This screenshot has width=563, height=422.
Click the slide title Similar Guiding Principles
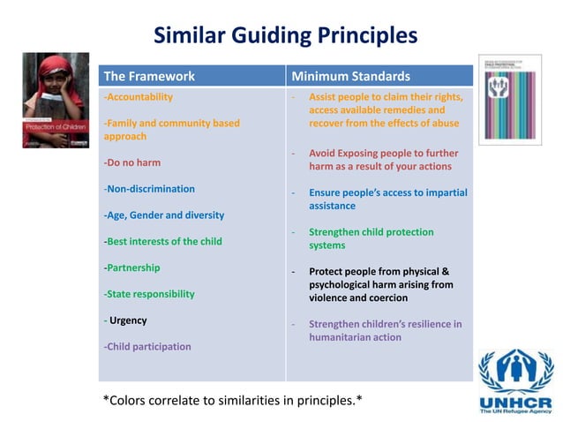285,35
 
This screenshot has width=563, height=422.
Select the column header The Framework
149,76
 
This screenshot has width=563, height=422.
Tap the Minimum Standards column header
350,76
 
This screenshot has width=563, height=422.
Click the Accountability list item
139,97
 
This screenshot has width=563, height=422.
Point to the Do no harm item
132,162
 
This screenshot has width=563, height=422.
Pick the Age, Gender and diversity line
164,215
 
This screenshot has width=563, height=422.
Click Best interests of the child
163,241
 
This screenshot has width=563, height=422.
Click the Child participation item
147,346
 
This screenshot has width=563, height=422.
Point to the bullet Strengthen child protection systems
371,238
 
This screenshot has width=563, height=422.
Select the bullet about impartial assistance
387,199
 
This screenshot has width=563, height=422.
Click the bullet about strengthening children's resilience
385,330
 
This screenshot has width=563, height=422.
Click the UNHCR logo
515,381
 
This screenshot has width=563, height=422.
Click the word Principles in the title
363,35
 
